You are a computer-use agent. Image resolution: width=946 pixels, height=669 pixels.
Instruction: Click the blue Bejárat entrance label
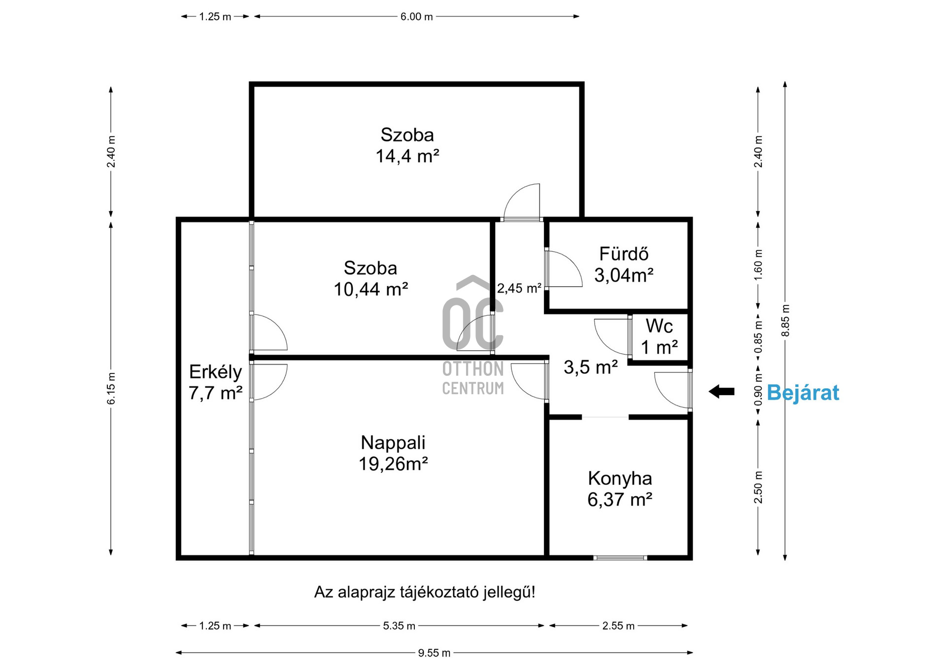tap(803, 393)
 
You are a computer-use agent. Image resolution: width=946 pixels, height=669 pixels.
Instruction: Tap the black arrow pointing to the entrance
tap(722, 392)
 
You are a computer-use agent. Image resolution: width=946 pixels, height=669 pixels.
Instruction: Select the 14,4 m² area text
tap(407, 156)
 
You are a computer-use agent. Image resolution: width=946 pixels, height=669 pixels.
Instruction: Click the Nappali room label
tap(393, 442)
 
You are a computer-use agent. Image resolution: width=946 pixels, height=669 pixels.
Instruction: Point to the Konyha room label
tap(619, 478)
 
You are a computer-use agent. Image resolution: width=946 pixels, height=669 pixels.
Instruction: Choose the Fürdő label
tap(623, 254)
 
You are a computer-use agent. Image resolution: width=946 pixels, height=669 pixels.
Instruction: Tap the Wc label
tap(659, 326)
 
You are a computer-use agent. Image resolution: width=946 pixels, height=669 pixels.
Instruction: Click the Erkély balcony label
tap(215, 372)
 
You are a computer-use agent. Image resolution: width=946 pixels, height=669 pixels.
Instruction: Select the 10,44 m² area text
tap(371, 289)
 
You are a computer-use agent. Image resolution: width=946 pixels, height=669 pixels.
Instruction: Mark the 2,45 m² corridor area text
tap(519, 288)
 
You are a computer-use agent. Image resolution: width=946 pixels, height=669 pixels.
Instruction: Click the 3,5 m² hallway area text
tap(590, 367)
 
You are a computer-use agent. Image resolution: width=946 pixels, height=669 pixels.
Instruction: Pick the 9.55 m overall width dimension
tap(434, 653)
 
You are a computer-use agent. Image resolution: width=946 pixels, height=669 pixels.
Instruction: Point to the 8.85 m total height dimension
tap(785, 321)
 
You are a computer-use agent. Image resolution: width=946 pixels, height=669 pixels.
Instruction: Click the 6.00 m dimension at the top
tap(416, 17)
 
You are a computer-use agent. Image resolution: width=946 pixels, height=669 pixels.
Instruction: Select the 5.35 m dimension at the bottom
tap(399, 626)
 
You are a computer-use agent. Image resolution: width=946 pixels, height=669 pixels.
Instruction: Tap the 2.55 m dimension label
tap(618, 626)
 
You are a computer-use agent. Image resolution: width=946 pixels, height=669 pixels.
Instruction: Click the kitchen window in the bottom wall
tap(620, 558)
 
